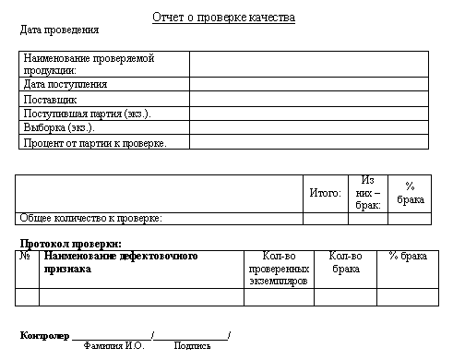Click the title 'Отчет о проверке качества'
[x=223, y=18]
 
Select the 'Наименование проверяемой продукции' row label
[x=89, y=64]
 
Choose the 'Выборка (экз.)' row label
[x=59, y=127]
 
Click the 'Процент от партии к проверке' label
[x=94, y=142]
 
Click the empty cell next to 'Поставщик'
[x=309, y=99]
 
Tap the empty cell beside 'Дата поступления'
[x=309, y=84]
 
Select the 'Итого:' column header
[x=325, y=193]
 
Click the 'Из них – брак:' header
[x=367, y=193]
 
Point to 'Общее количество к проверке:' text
[x=91, y=218]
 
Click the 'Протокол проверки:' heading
[x=71, y=243]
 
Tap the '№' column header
[x=26, y=257]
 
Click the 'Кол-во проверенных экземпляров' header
[x=278, y=269]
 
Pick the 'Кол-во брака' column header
[x=345, y=263]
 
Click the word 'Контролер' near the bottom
[x=44, y=334]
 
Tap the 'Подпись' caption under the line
[x=192, y=346]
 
